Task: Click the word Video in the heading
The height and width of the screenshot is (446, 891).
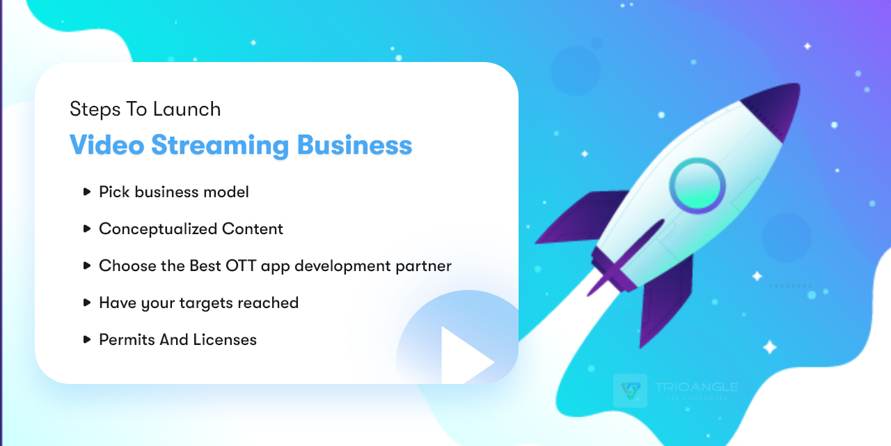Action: tap(107, 145)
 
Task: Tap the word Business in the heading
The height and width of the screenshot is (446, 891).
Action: tap(354, 145)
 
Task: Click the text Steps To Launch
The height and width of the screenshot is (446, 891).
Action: tap(145, 109)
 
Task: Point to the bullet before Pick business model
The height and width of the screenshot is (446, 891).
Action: tap(87, 191)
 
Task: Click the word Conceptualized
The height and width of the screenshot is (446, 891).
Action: tap(158, 229)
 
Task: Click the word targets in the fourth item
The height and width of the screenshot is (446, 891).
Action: tap(200, 303)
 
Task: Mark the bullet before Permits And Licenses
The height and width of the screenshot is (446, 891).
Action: tap(87, 339)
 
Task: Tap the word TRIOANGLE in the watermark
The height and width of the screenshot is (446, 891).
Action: tap(696, 387)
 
